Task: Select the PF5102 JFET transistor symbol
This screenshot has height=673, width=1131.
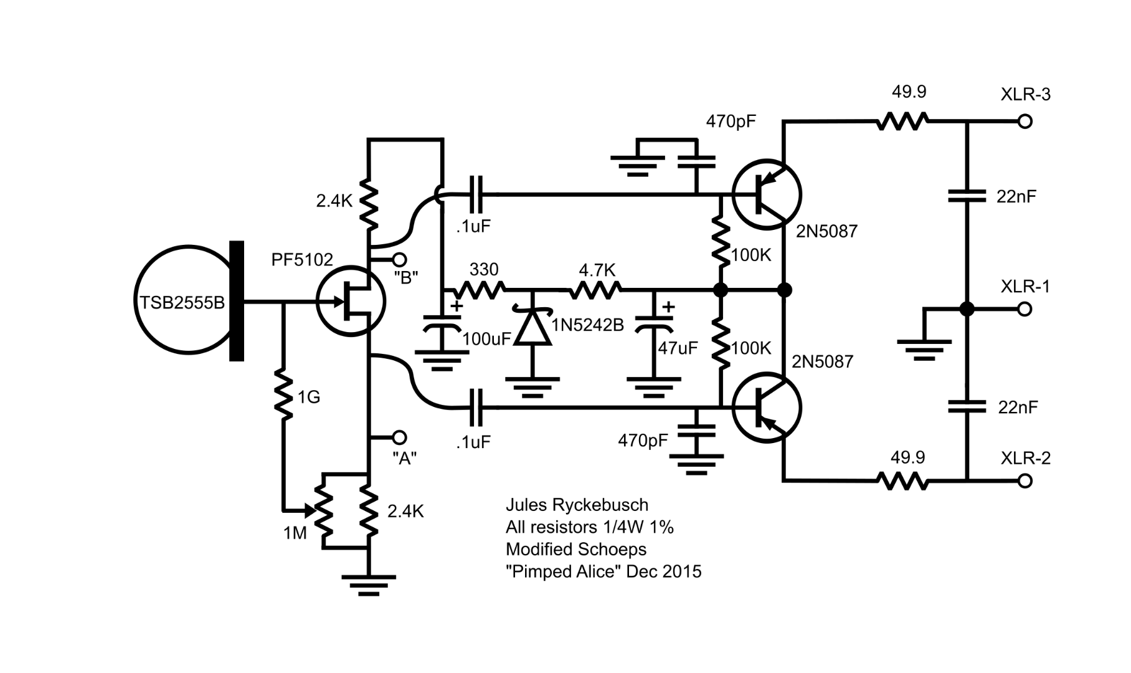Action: [x=351, y=302]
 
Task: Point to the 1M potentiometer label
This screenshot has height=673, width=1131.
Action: [x=295, y=533]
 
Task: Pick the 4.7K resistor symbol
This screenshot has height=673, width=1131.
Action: [x=594, y=290]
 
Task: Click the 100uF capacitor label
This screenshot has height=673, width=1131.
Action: [x=486, y=340]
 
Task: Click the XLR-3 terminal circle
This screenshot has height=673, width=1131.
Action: [x=1025, y=122]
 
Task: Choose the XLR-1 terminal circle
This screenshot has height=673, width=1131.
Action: [x=1025, y=309]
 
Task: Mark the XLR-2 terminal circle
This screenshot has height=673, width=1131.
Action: [x=1025, y=480]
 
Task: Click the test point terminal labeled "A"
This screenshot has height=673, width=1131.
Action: [x=399, y=437]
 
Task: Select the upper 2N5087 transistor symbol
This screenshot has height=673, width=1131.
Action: [x=766, y=194]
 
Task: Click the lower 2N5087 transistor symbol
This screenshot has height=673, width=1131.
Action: [x=766, y=408]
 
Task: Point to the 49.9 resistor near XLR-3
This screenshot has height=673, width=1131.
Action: [x=902, y=122]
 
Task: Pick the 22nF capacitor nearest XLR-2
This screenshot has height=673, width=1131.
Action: [x=967, y=407]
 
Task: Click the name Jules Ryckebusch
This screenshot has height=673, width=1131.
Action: [x=577, y=505]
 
